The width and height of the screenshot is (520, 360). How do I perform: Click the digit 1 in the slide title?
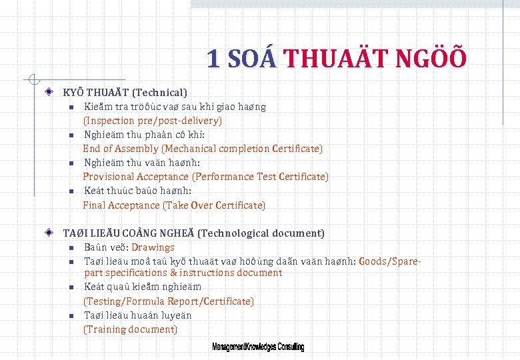[213, 59]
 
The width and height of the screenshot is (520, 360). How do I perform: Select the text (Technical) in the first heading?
[159, 92]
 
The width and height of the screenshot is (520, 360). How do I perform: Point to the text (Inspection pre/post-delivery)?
[152, 121]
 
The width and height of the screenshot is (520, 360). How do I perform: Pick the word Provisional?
[108, 177]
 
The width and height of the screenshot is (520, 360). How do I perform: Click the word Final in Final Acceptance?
[94, 205]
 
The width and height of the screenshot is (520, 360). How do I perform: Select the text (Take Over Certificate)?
[214, 205]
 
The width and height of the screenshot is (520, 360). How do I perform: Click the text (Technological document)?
[261, 233]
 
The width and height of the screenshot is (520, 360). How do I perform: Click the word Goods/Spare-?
[390, 261]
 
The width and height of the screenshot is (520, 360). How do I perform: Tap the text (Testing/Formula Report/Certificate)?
[168, 301]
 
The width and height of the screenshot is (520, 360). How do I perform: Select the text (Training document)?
[130, 329]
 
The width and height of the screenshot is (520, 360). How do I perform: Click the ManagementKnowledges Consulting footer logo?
[258, 347]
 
